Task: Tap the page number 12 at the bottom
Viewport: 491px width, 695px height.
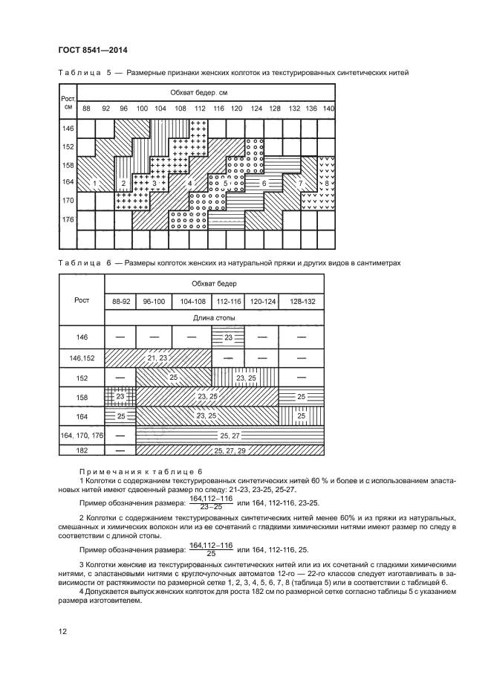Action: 62,631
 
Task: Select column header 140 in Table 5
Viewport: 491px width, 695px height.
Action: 329,109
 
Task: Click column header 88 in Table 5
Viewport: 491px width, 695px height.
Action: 86,109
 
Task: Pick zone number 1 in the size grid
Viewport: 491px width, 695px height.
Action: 96,182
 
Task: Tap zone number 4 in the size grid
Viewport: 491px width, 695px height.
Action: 190,182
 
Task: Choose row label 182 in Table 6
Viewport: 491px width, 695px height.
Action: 82,450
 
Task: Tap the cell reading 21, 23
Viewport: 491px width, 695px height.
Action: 157,358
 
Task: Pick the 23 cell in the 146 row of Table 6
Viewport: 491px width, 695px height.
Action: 229,337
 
